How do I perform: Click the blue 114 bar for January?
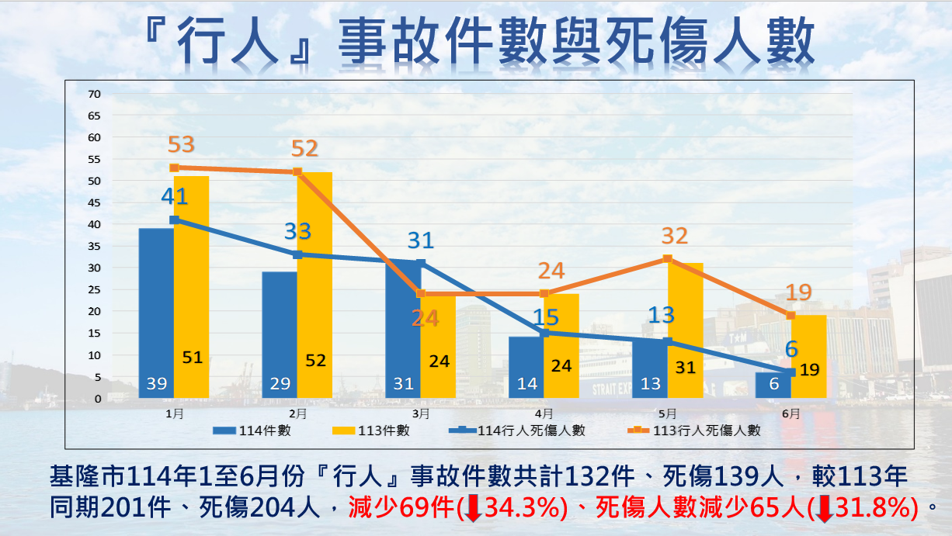tap(156, 310)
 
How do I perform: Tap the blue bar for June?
tap(773, 385)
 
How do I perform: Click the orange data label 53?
tap(181, 145)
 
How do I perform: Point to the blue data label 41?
tap(175, 196)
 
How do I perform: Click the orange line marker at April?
tap(544, 294)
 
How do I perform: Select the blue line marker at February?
tap(297, 254)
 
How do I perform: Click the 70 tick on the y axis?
tap(95, 94)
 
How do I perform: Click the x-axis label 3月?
tap(421, 413)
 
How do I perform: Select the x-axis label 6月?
tap(791, 413)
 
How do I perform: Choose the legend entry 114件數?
tap(252, 431)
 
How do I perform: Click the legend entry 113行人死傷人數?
tap(693, 431)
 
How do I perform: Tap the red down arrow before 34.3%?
tap(474, 508)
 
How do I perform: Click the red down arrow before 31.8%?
tap(825, 508)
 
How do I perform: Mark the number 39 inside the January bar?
tap(156, 383)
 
